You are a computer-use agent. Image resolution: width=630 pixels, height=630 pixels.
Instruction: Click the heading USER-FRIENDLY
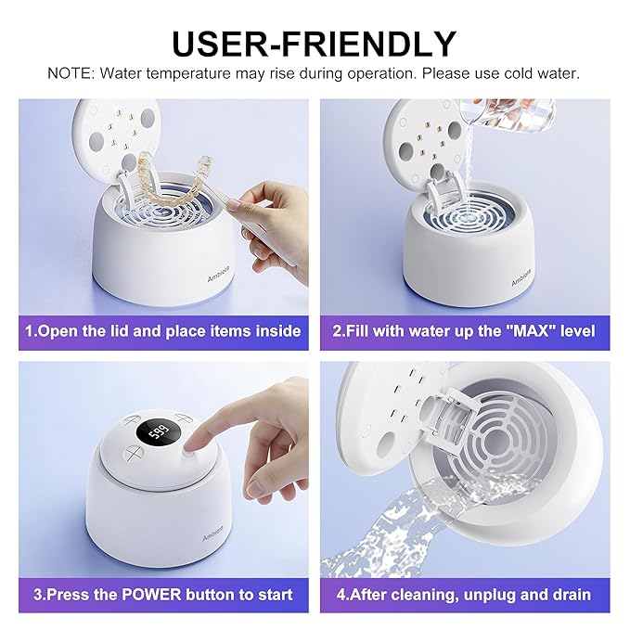click(x=315, y=42)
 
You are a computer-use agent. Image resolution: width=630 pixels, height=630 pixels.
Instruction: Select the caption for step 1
click(x=163, y=330)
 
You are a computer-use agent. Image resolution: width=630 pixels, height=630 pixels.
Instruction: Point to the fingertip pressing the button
click(x=197, y=447)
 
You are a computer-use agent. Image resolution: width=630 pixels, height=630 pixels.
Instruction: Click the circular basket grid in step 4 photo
click(x=506, y=436)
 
